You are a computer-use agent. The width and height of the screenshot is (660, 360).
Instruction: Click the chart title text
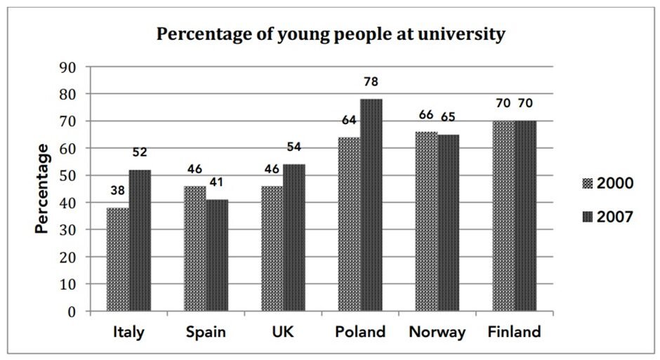[x=330, y=34]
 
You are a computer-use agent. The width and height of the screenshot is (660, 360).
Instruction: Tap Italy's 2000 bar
[x=117, y=260]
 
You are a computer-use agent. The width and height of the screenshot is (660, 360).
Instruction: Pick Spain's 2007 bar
[x=216, y=255]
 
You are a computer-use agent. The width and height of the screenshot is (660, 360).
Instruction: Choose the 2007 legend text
[x=616, y=217]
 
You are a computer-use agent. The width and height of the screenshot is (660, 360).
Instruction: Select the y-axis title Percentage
[x=44, y=189]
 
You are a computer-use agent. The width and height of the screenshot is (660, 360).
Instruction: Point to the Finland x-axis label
[x=515, y=333]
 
